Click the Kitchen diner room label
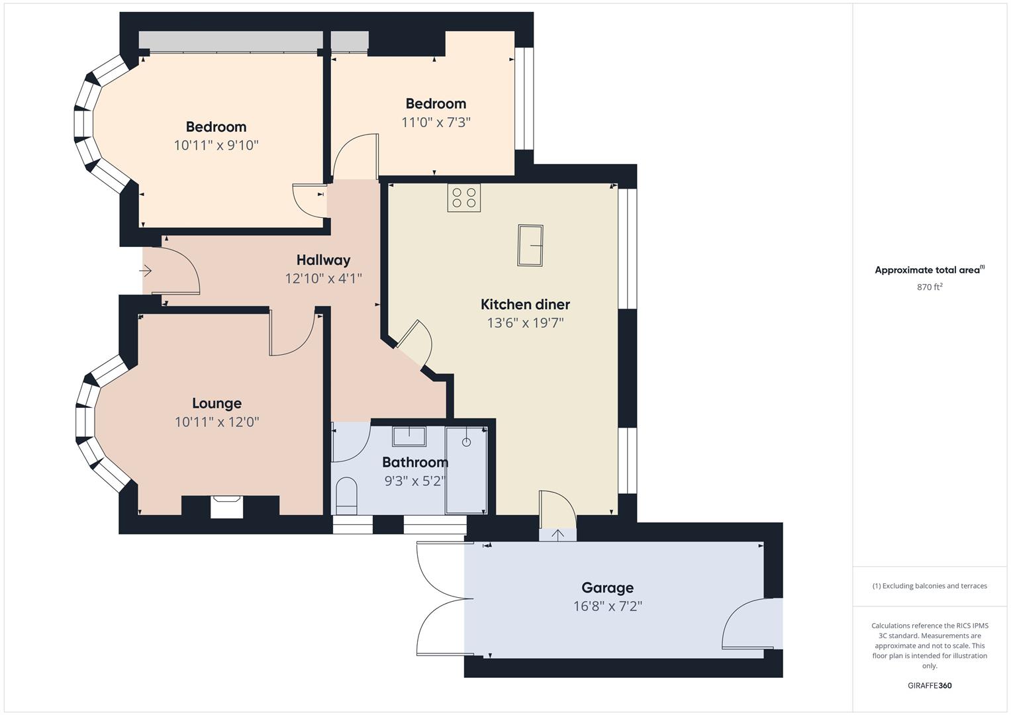[x=525, y=305]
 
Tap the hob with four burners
[x=464, y=198]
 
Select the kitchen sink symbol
[x=530, y=246]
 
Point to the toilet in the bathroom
[x=347, y=495]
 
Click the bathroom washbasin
[x=409, y=436]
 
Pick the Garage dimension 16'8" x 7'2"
[x=608, y=606]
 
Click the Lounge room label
[x=217, y=403]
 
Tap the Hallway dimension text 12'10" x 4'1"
[x=324, y=279]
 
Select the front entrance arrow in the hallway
[x=145, y=271]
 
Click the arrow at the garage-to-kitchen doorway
[x=558, y=535]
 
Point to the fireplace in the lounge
[x=226, y=506]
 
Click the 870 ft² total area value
[x=930, y=287]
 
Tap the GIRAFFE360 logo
[x=930, y=686]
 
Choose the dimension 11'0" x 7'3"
[x=436, y=122]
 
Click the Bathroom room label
[x=415, y=462]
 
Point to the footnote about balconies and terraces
[x=930, y=586]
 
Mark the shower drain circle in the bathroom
[x=466, y=442]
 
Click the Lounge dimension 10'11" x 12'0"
[x=217, y=422]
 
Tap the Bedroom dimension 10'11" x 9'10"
[x=217, y=146]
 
